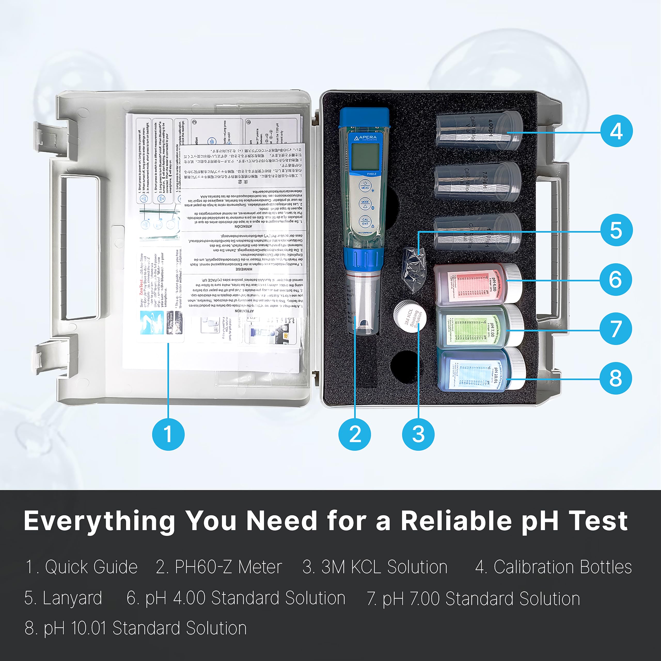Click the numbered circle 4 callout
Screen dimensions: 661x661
tap(616, 131)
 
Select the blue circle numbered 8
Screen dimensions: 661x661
tap(616, 379)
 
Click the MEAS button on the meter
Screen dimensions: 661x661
tap(365, 186)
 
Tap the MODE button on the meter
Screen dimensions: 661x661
tap(365, 203)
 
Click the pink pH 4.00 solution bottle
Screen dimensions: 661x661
tap(477, 285)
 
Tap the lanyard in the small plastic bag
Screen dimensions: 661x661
tap(415, 269)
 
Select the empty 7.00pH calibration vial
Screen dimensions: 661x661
tap(477, 182)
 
